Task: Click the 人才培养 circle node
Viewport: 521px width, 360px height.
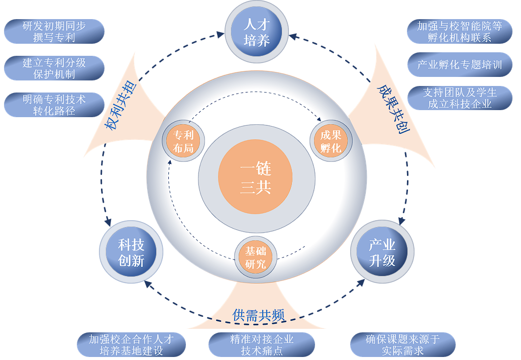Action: click(x=257, y=32)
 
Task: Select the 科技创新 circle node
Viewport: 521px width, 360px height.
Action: click(x=131, y=252)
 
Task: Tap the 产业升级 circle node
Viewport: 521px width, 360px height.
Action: click(x=382, y=252)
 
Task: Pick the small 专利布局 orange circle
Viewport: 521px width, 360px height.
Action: click(x=183, y=141)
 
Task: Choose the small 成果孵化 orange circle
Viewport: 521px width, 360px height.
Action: click(x=331, y=141)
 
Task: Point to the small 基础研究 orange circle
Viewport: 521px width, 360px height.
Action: click(x=256, y=257)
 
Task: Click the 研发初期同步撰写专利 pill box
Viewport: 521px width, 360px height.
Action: click(x=54, y=31)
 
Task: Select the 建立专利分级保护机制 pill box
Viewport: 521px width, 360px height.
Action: click(x=54, y=68)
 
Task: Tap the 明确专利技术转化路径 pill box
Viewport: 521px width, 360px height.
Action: click(x=54, y=105)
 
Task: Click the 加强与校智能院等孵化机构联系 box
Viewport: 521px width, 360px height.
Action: click(x=459, y=31)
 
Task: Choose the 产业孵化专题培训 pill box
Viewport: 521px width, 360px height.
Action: click(x=459, y=65)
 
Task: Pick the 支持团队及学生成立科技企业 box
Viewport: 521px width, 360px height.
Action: click(x=459, y=98)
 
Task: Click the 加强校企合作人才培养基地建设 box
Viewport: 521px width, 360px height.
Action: click(x=131, y=345)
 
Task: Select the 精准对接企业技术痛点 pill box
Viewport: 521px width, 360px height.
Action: click(x=262, y=345)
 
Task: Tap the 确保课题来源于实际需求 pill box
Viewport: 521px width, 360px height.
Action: click(x=402, y=345)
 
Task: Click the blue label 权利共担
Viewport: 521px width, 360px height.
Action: click(x=120, y=106)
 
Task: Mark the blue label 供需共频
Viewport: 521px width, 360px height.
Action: click(x=259, y=315)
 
